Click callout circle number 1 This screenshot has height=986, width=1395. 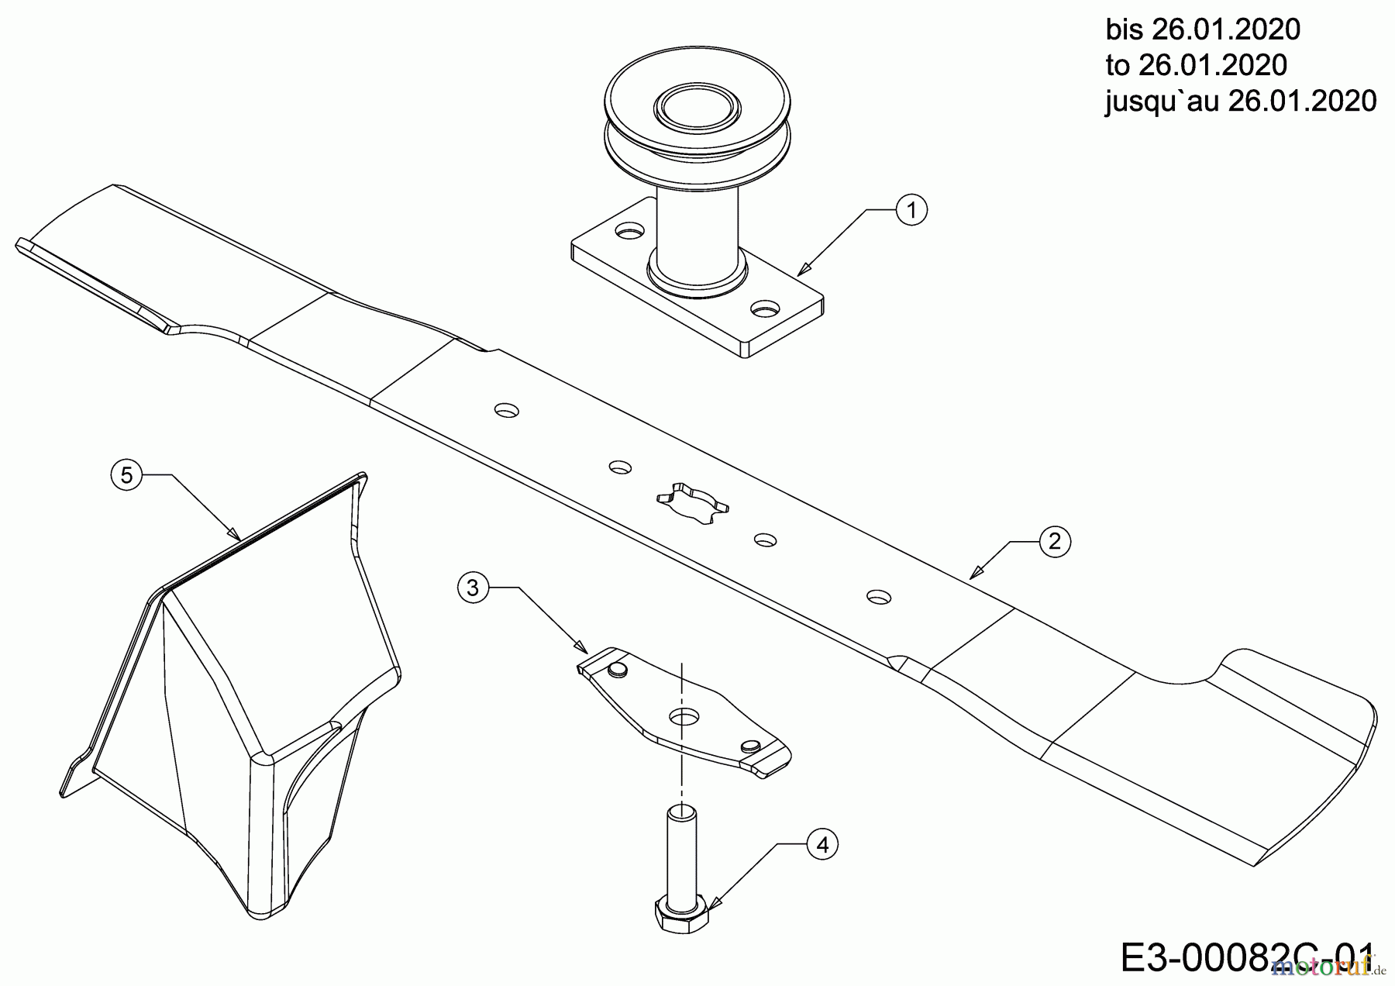(x=911, y=210)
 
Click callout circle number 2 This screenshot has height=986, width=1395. (x=1054, y=542)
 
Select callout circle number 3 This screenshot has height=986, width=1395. (x=473, y=588)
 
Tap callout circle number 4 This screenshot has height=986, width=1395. (x=822, y=845)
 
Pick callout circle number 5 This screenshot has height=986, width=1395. (x=127, y=474)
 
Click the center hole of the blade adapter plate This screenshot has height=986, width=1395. (x=682, y=716)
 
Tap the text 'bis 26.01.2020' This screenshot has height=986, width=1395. (x=1202, y=29)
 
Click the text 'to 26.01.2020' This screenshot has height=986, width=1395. (x=1197, y=65)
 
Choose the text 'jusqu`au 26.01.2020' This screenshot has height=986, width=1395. (x=1241, y=101)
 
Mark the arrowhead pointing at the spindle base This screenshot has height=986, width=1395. (x=802, y=269)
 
